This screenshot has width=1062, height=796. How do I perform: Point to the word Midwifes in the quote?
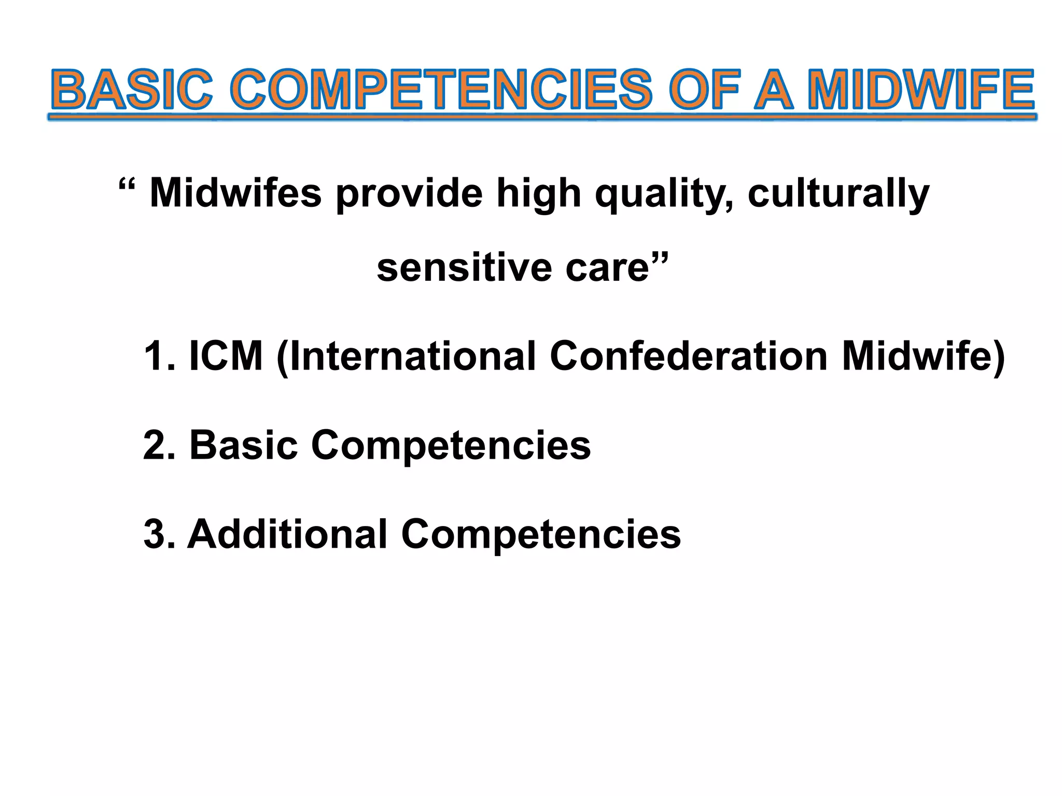235,193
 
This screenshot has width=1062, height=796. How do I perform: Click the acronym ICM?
226,356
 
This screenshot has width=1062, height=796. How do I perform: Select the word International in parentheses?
412,357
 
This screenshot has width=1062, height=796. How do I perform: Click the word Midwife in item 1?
916,356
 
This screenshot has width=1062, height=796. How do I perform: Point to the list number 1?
156,356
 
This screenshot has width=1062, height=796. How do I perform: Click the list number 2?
157,445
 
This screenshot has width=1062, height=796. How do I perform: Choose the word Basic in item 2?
243,445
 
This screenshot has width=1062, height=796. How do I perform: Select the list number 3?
157,534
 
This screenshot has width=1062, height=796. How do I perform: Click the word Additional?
287,534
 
